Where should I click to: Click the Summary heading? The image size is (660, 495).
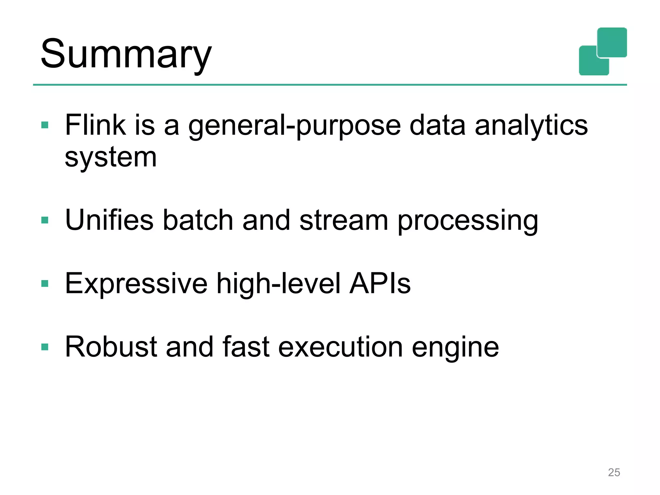coord(126,54)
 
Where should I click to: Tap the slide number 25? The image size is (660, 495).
coord(614,472)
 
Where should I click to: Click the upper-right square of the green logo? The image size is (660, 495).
coord(612,42)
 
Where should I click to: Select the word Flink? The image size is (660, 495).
coord(95,125)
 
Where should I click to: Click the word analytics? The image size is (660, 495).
coord(531,126)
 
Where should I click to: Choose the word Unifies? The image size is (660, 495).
coord(109,220)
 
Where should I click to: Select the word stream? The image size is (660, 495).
coord(344,220)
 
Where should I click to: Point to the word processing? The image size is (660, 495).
coord(468,222)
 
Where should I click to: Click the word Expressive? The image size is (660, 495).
coord(136,284)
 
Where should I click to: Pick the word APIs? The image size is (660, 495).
coord(380,284)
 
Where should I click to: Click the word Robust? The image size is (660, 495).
coord(111,347)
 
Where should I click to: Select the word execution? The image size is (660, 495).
coord(340,347)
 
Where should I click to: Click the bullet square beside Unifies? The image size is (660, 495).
coord(45,220)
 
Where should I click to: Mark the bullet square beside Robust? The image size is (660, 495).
coord(45,347)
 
